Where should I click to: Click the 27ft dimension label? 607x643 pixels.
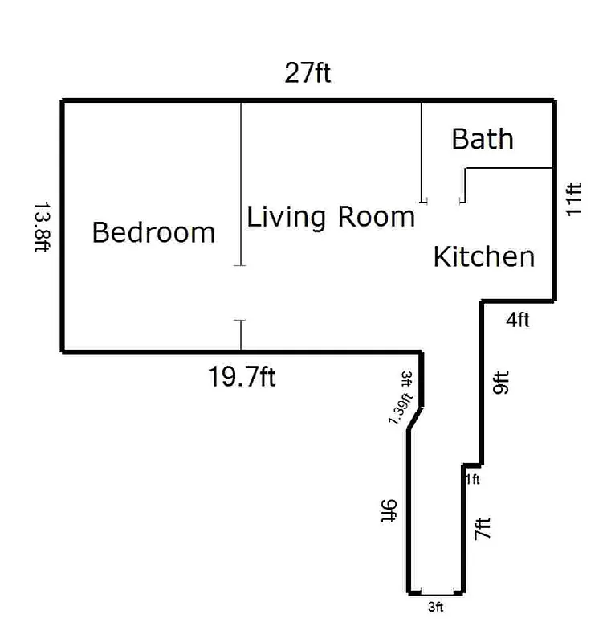click(308, 74)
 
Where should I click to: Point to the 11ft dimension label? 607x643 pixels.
click(573, 199)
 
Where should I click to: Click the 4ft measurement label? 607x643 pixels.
click(518, 321)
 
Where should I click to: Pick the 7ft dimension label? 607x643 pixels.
click(482, 529)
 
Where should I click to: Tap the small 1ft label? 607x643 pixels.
click(473, 480)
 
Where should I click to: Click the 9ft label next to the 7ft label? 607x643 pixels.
click(501, 383)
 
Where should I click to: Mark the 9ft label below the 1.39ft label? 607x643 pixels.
click(388, 510)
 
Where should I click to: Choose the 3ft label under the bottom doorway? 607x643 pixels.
click(435, 608)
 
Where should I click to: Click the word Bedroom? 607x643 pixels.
click(153, 233)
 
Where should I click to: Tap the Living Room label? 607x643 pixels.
click(330, 217)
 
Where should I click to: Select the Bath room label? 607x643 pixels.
click(482, 139)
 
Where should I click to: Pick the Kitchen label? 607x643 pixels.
click(483, 257)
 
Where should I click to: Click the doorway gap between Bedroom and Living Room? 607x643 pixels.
click(241, 293)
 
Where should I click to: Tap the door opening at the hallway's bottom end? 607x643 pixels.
click(435, 592)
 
